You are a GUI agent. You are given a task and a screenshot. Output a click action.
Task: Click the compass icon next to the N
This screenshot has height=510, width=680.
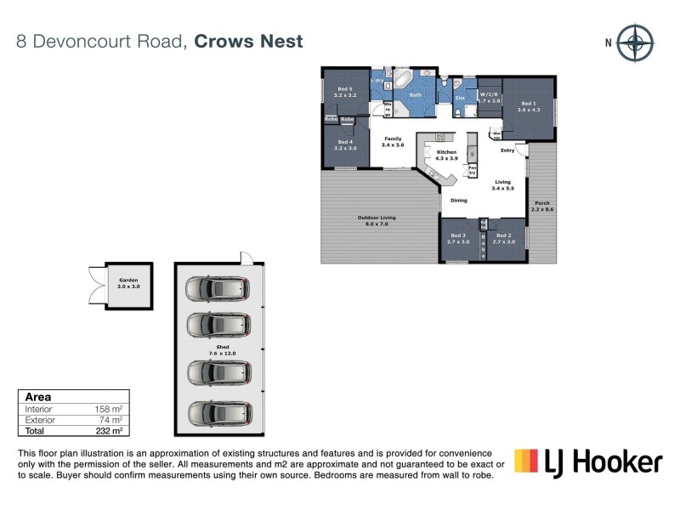click(634, 43)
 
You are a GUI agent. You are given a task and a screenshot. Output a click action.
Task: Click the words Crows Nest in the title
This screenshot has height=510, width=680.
click(248, 41)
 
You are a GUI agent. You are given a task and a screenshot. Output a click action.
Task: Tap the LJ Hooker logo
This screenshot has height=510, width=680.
click(588, 462)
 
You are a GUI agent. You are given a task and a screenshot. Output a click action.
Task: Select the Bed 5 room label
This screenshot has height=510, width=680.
click(344, 93)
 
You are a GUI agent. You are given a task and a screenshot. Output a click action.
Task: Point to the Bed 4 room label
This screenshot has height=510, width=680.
click(344, 144)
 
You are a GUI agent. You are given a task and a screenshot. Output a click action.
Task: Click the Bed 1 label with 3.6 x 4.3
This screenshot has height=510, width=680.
click(529, 105)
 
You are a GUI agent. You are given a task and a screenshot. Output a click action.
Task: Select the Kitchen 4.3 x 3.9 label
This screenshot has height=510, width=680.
click(446, 155)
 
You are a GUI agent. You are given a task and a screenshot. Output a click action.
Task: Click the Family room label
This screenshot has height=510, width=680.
click(393, 141)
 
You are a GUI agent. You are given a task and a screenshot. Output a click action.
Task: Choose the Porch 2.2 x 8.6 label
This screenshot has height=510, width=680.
click(541, 206)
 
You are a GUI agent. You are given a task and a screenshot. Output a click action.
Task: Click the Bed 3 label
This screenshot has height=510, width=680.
click(458, 238)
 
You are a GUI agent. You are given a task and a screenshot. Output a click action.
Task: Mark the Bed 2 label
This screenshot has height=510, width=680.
click(504, 238)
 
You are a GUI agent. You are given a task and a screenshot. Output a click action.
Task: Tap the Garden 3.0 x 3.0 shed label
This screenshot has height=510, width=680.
click(128, 282)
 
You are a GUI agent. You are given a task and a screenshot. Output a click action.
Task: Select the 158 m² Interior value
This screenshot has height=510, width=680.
click(111, 409)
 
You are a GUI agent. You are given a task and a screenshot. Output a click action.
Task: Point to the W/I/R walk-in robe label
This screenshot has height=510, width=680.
click(488, 97)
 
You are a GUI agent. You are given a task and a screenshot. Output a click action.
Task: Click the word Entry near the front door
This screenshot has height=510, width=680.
click(507, 150)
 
